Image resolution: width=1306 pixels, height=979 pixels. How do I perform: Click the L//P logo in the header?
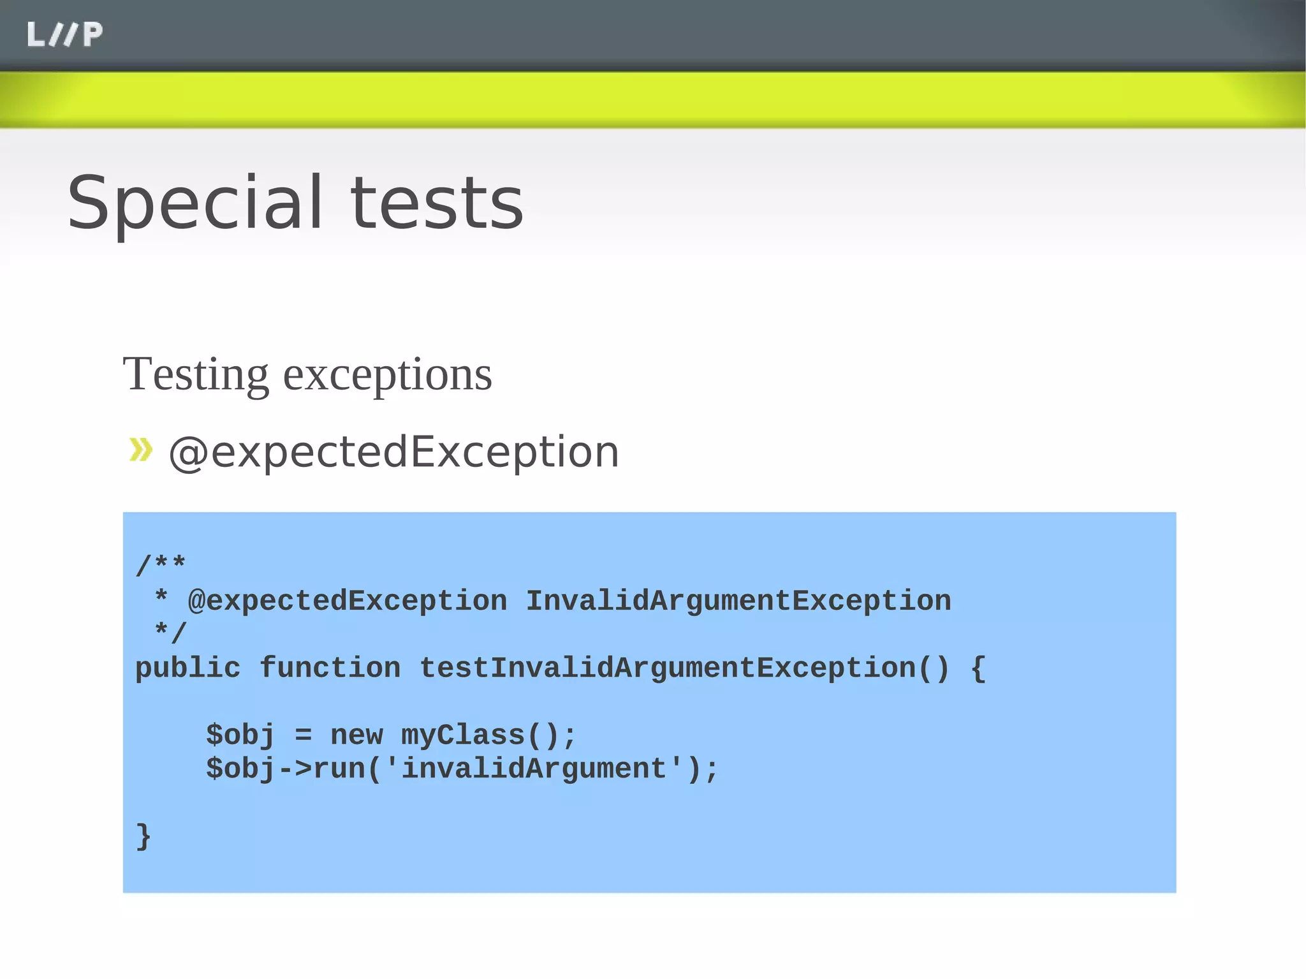64,34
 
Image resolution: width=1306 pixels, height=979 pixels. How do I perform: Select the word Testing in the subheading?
195,375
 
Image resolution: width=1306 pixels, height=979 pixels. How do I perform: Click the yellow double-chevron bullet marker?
141,449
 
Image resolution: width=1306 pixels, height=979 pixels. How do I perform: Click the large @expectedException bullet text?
393,452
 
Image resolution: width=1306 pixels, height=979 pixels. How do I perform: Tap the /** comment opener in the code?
160,564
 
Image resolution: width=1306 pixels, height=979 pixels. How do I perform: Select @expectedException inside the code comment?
348,601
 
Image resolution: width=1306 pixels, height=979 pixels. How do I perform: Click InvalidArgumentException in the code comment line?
738,601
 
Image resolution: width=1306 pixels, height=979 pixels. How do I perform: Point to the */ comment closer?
170,633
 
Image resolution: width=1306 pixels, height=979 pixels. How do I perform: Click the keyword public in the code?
187,668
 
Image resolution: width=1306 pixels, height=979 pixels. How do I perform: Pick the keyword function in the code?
330,668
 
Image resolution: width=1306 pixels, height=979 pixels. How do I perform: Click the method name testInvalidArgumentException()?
684,668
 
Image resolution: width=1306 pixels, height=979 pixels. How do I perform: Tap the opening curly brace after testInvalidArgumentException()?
978,668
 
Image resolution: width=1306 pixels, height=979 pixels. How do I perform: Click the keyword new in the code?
356,735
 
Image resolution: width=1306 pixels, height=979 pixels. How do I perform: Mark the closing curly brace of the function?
143,836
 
